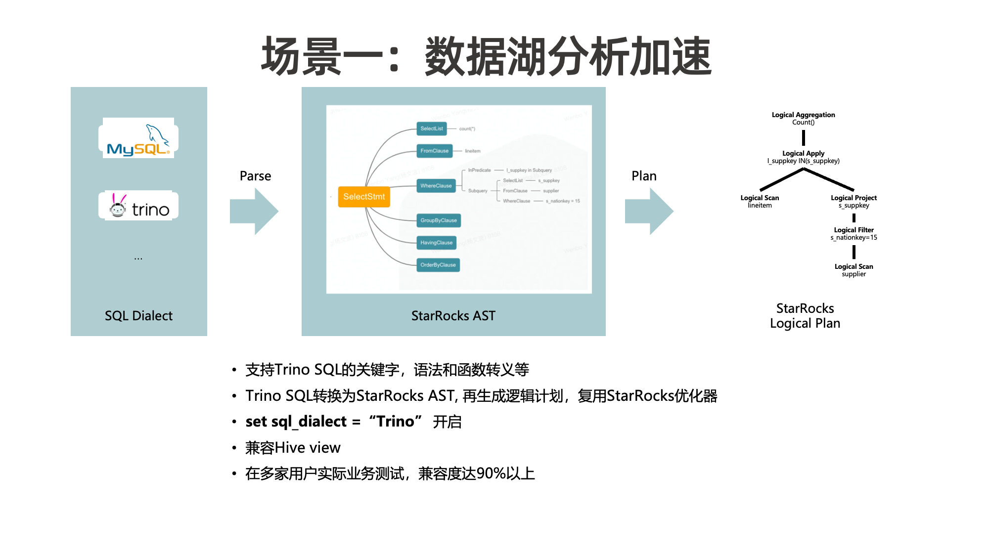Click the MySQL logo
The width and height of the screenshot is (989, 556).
(138, 139)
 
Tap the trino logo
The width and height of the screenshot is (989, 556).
(138, 206)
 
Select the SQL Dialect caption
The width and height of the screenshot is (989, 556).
(138, 316)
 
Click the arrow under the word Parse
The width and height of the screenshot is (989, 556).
(255, 211)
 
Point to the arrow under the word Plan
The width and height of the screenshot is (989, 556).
(649, 211)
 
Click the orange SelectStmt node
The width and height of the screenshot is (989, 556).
(364, 197)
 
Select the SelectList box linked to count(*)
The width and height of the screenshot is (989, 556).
(432, 128)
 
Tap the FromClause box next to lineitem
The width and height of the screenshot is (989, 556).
(434, 151)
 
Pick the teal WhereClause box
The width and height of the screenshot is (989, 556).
(436, 186)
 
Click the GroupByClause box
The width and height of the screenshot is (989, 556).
(439, 220)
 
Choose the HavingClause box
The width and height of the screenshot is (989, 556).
(436, 243)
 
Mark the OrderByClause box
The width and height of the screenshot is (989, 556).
(438, 265)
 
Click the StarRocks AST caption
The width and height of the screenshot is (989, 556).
(453, 316)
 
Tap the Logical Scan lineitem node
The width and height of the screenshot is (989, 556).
(760, 201)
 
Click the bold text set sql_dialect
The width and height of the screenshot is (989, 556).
(296, 422)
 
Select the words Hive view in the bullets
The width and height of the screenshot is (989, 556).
(308, 448)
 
